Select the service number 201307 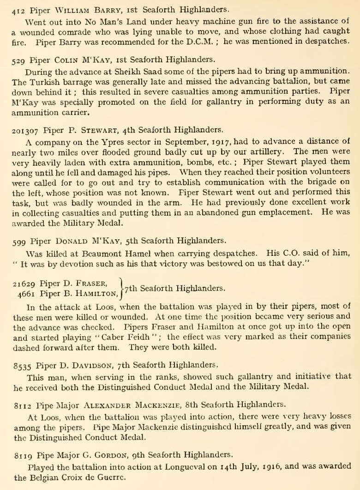click(x=25, y=129)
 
